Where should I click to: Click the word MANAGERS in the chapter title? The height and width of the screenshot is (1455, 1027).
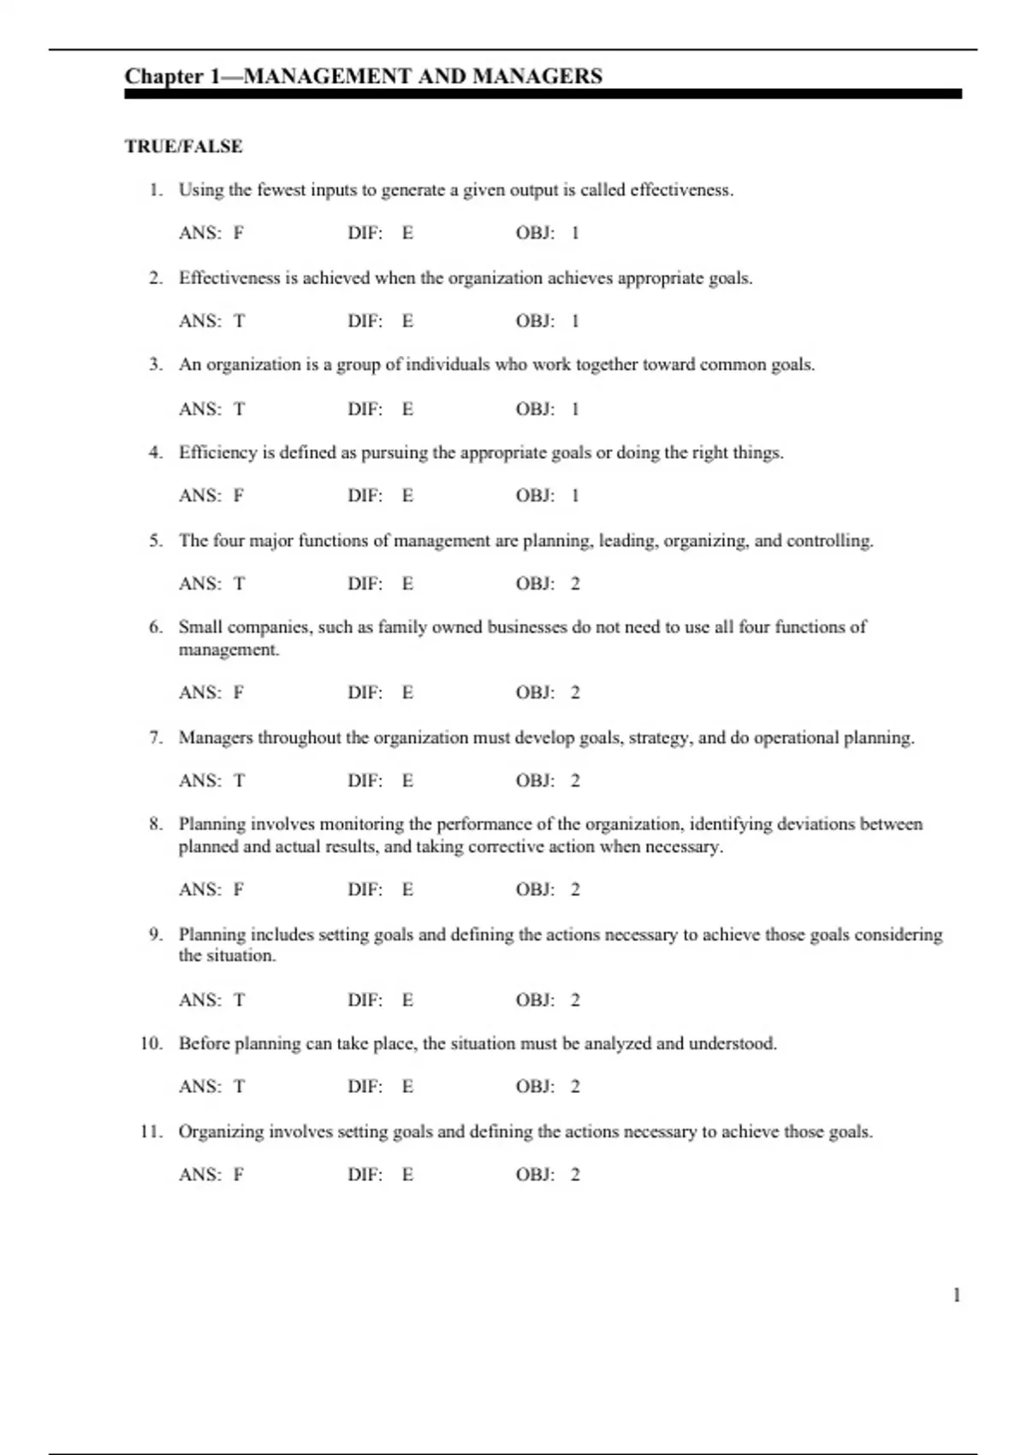[537, 76]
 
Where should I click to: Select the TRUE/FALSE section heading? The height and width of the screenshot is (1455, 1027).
[184, 146]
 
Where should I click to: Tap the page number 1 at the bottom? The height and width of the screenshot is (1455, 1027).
[956, 1295]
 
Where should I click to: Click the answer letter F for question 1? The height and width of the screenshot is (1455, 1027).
[239, 233]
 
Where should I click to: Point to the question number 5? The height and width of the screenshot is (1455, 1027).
[155, 540]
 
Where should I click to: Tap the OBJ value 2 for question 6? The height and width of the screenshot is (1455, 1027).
[575, 692]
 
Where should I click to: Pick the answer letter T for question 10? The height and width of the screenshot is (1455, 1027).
[240, 1086]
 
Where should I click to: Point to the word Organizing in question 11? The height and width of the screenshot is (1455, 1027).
[221, 1131]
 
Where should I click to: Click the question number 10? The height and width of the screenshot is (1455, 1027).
[151, 1043]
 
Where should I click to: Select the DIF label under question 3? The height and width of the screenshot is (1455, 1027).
[365, 409]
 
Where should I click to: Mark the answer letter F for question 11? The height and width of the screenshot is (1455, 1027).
[239, 1174]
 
